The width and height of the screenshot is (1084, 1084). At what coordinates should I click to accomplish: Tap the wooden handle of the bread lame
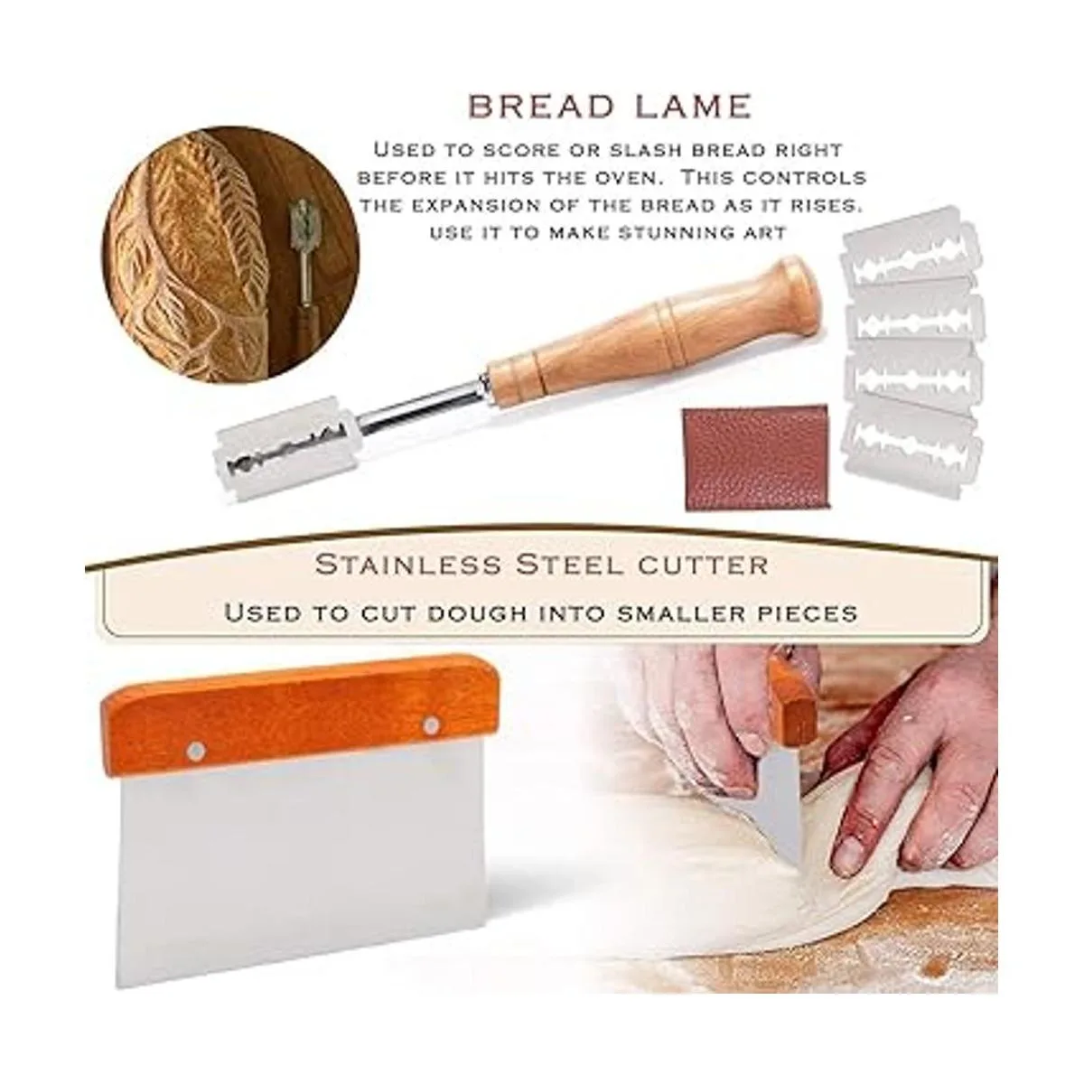click(x=652, y=332)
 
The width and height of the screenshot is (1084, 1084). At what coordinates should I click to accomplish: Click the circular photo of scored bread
click(x=230, y=254)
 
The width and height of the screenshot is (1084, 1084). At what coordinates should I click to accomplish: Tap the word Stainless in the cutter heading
click(x=407, y=565)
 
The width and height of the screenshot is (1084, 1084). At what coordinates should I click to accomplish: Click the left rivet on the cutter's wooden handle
click(x=196, y=749)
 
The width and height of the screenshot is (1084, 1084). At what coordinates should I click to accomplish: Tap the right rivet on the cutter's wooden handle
click(x=431, y=726)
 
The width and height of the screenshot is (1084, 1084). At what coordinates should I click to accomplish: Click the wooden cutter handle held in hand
click(x=792, y=697)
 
